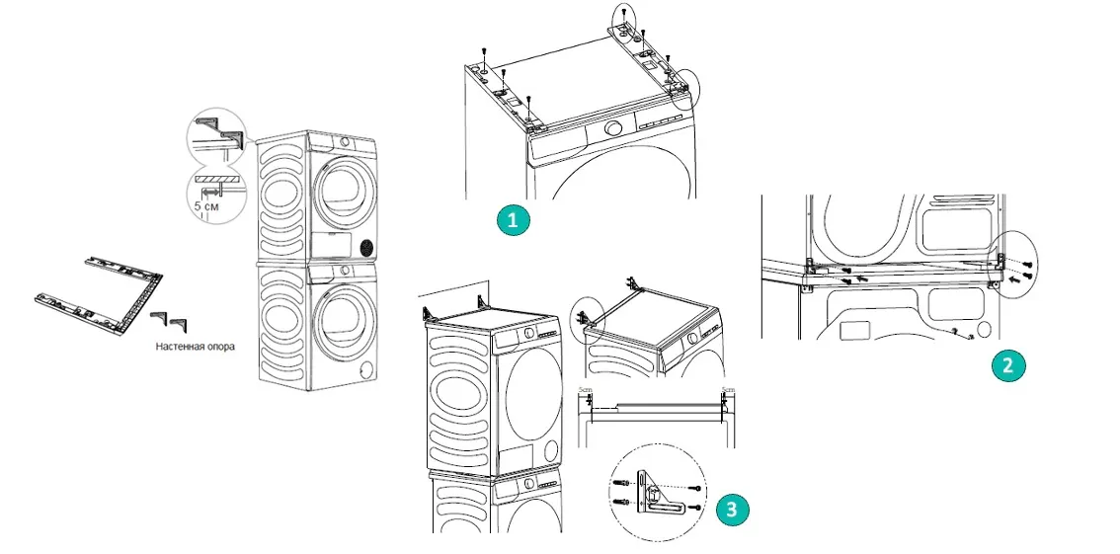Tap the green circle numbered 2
[x=1007, y=366]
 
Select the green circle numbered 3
[x=730, y=509]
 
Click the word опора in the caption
[x=220, y=348]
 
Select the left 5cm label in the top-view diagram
[x=585, y=391]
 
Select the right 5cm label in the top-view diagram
[x=729, y=391]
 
